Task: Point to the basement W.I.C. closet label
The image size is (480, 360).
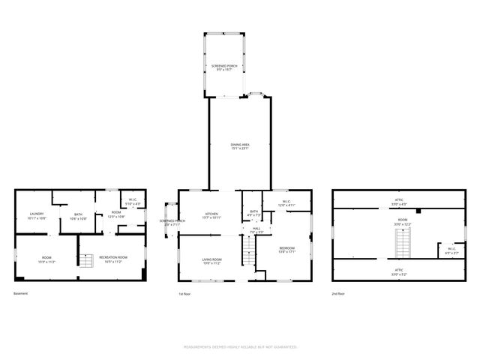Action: (x=132, y=201)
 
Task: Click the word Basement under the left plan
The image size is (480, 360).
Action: (x=21, y=293)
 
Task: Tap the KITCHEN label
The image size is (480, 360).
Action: (x=212, y=216)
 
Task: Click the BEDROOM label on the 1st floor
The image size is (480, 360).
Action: (x=287, y=249)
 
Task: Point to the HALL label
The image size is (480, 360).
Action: (x=256, y=230)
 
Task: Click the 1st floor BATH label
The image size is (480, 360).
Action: (x=253, y=214)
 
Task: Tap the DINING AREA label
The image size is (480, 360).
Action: (x=240, y=145)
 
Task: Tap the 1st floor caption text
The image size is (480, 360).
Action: (x=184, y=293)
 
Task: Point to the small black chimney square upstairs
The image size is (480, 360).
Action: (x=419, y=211)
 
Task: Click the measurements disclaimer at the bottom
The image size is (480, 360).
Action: (x=240, y=347)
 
